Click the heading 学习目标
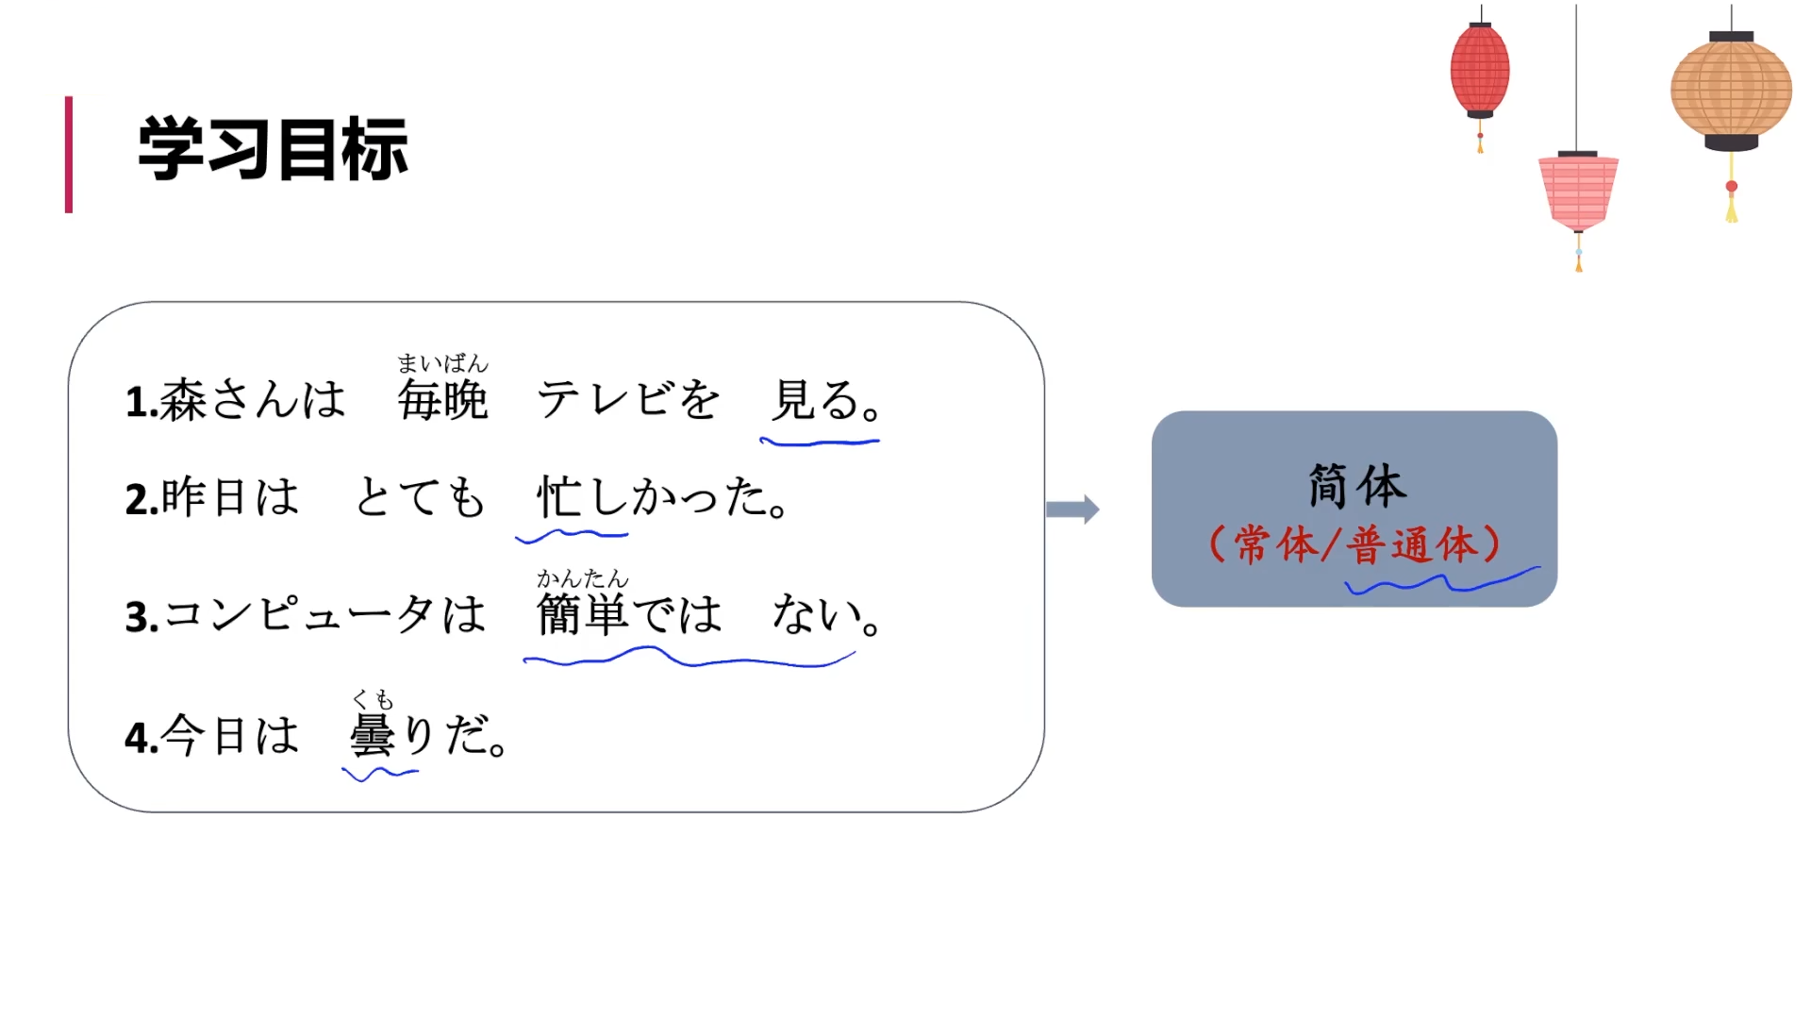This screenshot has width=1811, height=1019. click(273, 149)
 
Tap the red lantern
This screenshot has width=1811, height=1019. click(1479, 71)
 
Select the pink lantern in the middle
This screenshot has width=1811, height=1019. click(1578, 192)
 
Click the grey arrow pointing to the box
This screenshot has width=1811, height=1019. click(1072, 509)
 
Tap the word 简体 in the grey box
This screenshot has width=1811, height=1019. click(1356, 487)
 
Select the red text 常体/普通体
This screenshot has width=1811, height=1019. click(1354, 545)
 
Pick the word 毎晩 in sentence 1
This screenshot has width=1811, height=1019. click(442, 401)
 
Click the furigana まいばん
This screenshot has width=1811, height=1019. click(442, 363)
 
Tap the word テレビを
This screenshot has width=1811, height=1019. click(628, 400)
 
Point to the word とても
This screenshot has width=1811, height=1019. click(421, 497)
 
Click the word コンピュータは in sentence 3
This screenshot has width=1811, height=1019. click(325, 615)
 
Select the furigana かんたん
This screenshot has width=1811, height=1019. click(582, 577)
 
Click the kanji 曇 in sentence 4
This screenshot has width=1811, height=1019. click(372, 736)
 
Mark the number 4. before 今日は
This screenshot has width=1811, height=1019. click(141, 738)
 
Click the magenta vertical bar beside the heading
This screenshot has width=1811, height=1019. click(69, 154)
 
